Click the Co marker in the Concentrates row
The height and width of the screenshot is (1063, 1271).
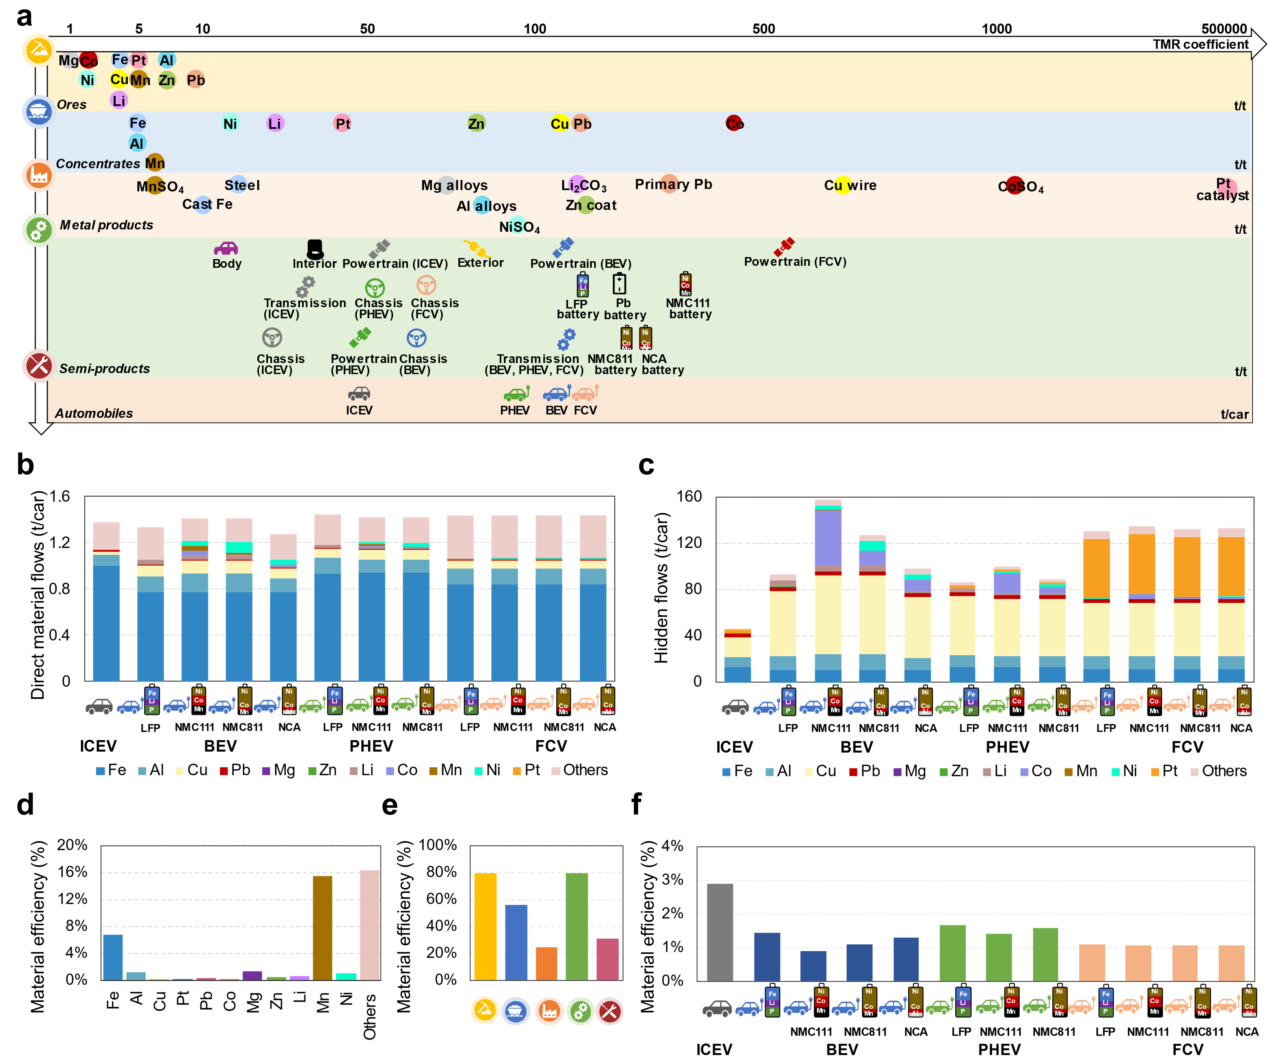pyautogui.click(x=734, y=123)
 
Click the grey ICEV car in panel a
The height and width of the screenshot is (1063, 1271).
pyautogui.click(x=359, y=394)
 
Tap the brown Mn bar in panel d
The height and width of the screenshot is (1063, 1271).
pyautogui.click(x=322, y=927)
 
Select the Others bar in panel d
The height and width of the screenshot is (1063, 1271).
pyautogui.click(x=370, y=924)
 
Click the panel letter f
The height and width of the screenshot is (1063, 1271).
pyautogui.click(x=636, y=804)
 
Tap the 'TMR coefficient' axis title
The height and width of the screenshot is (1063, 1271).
pyautogui.click(x=1200, y=44)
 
